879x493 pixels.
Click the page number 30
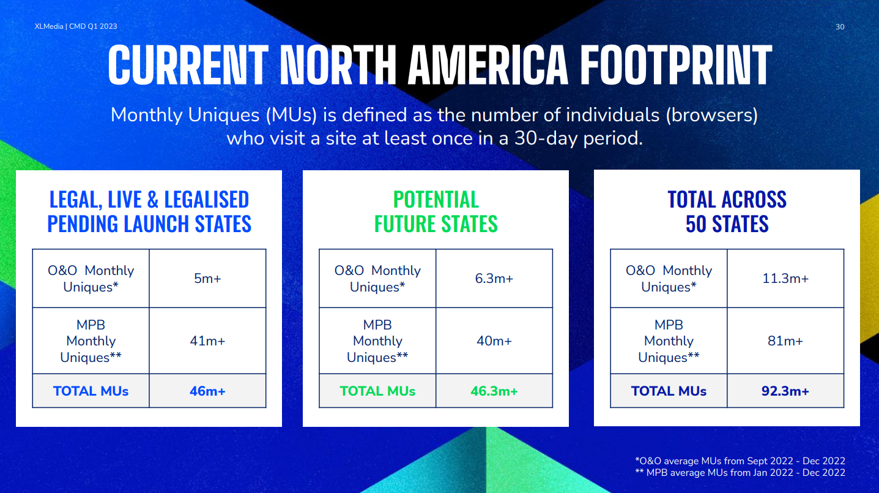pos(840,27)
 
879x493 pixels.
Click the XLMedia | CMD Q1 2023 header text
pos(76,26)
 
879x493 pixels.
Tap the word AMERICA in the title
pos(488,65)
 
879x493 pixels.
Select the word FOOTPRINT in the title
pos(676,65)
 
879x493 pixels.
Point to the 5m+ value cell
pos(207,278)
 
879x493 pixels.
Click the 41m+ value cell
pos(207,341)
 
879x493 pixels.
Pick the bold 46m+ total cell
pos(207,391)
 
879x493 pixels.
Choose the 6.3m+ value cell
pos(494,278)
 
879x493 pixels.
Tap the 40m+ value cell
pos(494,341)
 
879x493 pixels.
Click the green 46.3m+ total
pos(494,391)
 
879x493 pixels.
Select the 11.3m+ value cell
pos(785,278)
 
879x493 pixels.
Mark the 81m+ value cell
pos(785,341)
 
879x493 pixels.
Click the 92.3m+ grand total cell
pos(785,391)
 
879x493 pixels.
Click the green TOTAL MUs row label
pos(377,391)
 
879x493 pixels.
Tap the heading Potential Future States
pos(436,211)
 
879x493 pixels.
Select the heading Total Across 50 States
pos(727,211)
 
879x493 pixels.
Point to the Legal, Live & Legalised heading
pos(149,211)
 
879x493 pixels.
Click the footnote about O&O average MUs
pos(740,461)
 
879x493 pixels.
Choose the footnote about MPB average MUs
pos(740,472)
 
